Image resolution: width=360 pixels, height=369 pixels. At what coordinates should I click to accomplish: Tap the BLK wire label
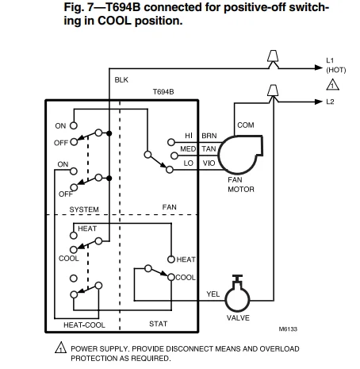(121, 80)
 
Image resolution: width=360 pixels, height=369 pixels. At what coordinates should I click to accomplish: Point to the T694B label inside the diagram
(163, 92)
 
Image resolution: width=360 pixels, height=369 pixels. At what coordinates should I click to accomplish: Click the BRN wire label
(209, 136)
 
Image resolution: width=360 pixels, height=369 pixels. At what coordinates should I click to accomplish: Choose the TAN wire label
(209, 148)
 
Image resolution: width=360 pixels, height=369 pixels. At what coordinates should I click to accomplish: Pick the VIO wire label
(209, 163)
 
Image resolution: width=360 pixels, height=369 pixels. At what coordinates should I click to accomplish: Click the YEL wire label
(213, 293)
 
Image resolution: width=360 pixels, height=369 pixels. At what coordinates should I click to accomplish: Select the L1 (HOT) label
(336, 65)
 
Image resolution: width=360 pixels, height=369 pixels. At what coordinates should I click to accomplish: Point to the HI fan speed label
(189, 136)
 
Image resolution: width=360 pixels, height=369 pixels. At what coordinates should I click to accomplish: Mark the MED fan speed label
(187, 148)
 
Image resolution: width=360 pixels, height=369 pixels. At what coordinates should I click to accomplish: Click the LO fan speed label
(189, 163)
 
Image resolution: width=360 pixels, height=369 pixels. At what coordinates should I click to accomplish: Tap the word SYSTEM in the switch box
(84, 209)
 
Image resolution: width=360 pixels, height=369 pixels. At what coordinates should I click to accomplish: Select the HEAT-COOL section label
(84, 325)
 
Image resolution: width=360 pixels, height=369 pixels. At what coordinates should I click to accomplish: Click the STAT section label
(158, 324)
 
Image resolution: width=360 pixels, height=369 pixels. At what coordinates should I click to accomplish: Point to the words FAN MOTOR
(240, 185)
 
